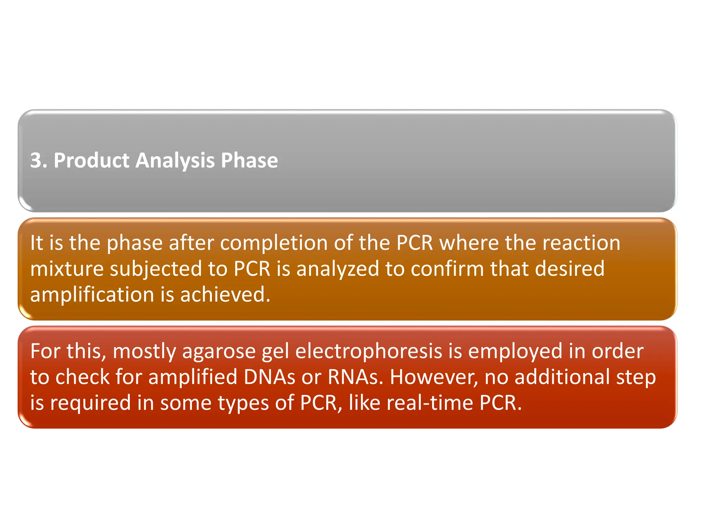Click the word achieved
[x=225, y=295]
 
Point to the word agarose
[x=219, y=352]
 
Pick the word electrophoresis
[x=369, y=351]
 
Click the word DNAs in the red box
[x=269, y=377]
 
